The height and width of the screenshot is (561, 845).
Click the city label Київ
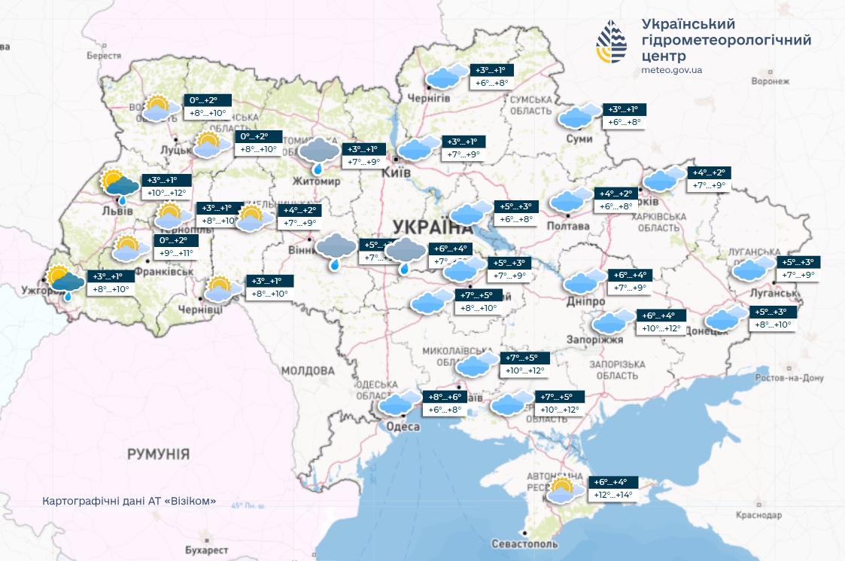point(397,173)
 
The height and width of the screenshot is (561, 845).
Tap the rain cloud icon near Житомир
point(319,153)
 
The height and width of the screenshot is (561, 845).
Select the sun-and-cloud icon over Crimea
point(563,490)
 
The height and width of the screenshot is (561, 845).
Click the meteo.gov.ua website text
point(672,70)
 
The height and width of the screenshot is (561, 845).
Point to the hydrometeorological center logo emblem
point(611,41)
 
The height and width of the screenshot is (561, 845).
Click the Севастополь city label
point(524,544)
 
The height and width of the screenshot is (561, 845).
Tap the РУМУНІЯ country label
point(158,454)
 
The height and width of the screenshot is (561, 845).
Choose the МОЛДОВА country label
point(308,371)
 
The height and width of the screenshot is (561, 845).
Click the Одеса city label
point(403,427)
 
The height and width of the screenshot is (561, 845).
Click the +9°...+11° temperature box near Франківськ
point(175,253)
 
